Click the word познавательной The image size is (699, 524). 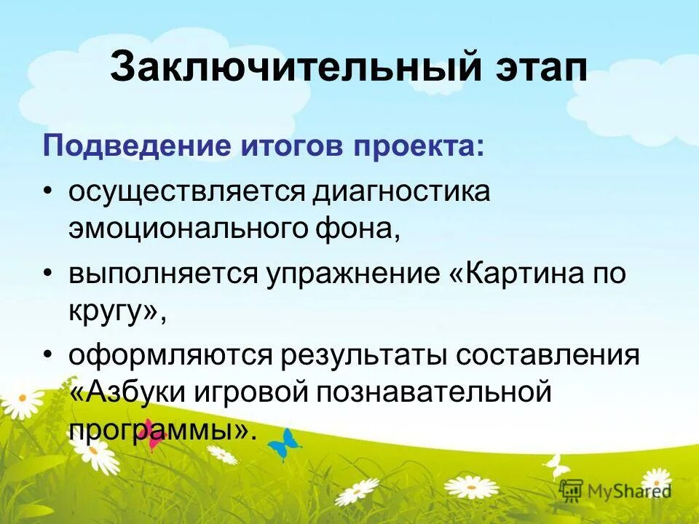432,393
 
